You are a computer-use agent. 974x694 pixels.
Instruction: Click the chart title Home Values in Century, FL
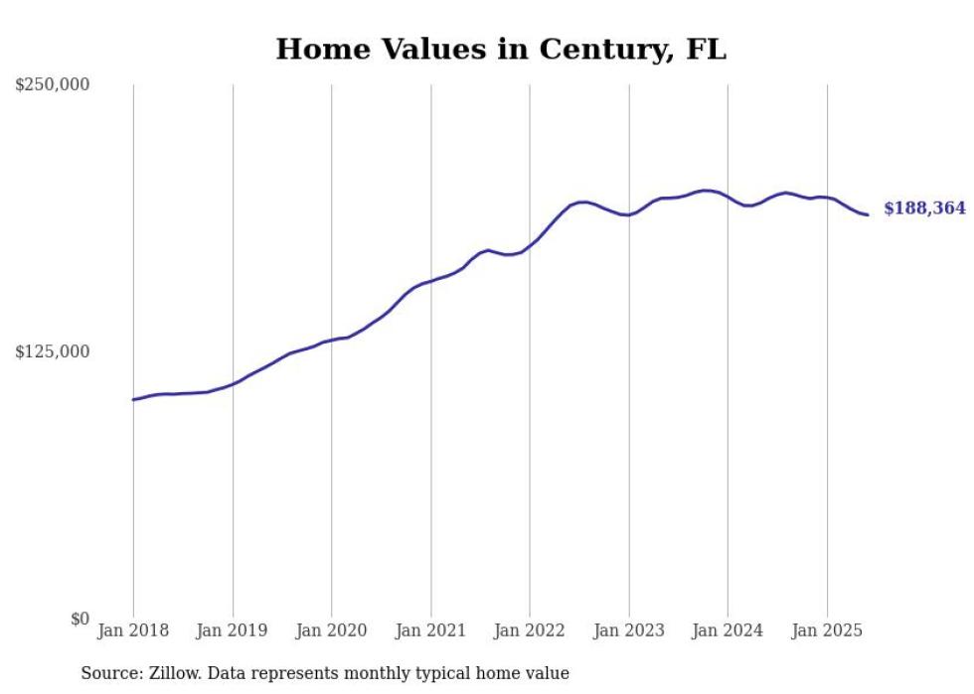(x=501, y=49)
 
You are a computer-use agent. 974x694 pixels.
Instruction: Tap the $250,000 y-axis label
(x=53, y=84)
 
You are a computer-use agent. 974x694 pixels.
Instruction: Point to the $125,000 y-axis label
(x=53, y=351)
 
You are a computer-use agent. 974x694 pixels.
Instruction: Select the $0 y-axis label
(x=80, y=619)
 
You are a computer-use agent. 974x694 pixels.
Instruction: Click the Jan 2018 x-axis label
(x=133, y=630)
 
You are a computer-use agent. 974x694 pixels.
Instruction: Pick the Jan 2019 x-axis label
(x=233, y=630)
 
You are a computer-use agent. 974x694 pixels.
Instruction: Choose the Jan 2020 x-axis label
(x=331, y=630)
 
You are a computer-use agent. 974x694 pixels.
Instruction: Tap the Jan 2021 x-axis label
(x=430, y=630)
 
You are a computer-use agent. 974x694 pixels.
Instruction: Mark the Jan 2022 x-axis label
(x=530, y=630)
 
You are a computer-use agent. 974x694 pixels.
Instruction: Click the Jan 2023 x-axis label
(x=628, y=630)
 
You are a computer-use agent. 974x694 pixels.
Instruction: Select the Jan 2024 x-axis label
(x=728, y=630)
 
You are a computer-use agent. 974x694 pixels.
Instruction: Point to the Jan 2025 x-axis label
(x=827, y=630)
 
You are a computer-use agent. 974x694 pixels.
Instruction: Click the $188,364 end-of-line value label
(x=924, y=208)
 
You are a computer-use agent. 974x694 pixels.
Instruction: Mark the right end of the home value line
(x=868, y=214)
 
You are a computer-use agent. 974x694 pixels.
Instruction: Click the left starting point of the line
(x=133, y=399)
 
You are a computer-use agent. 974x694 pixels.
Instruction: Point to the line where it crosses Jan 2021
(x=430, y=280)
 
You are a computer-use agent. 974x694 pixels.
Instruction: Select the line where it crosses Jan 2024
(x=728, y=197)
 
